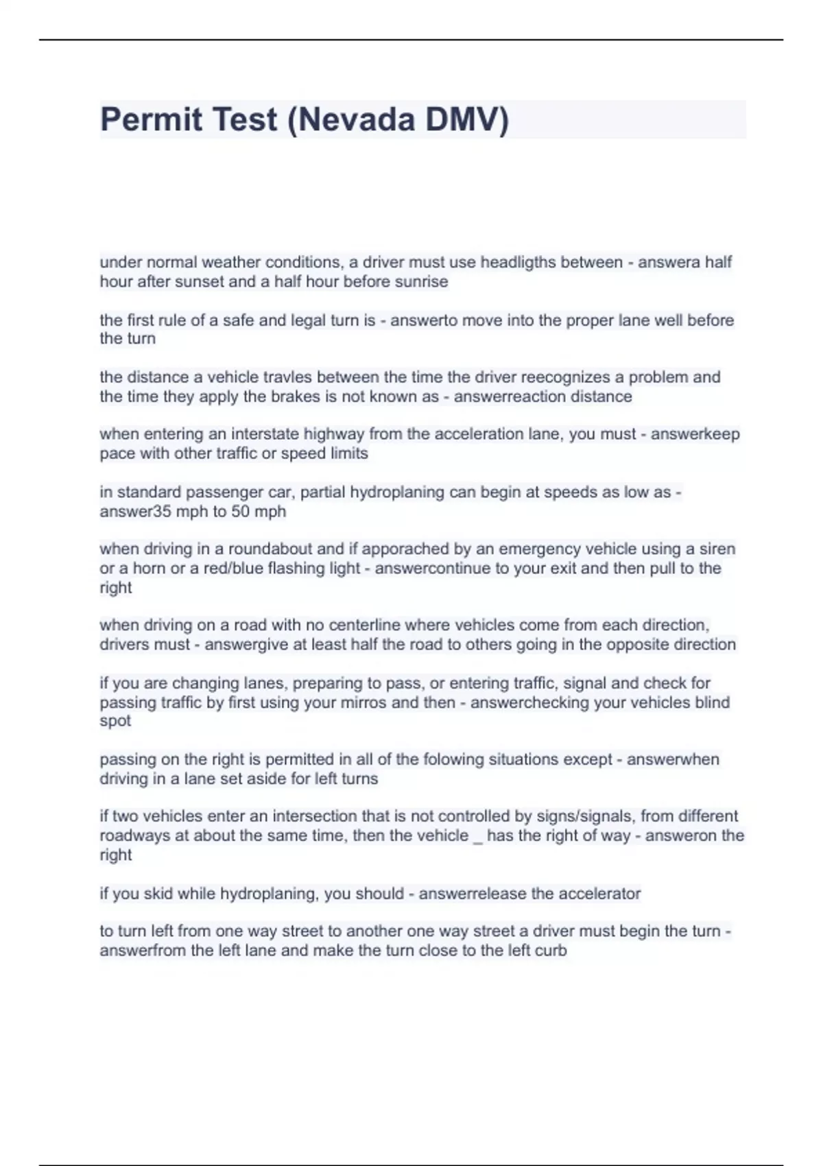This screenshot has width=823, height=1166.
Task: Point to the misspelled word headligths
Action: [517, 262]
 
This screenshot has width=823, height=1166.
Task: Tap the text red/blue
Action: [233, 569]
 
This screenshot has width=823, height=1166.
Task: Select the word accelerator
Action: [601, 894]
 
